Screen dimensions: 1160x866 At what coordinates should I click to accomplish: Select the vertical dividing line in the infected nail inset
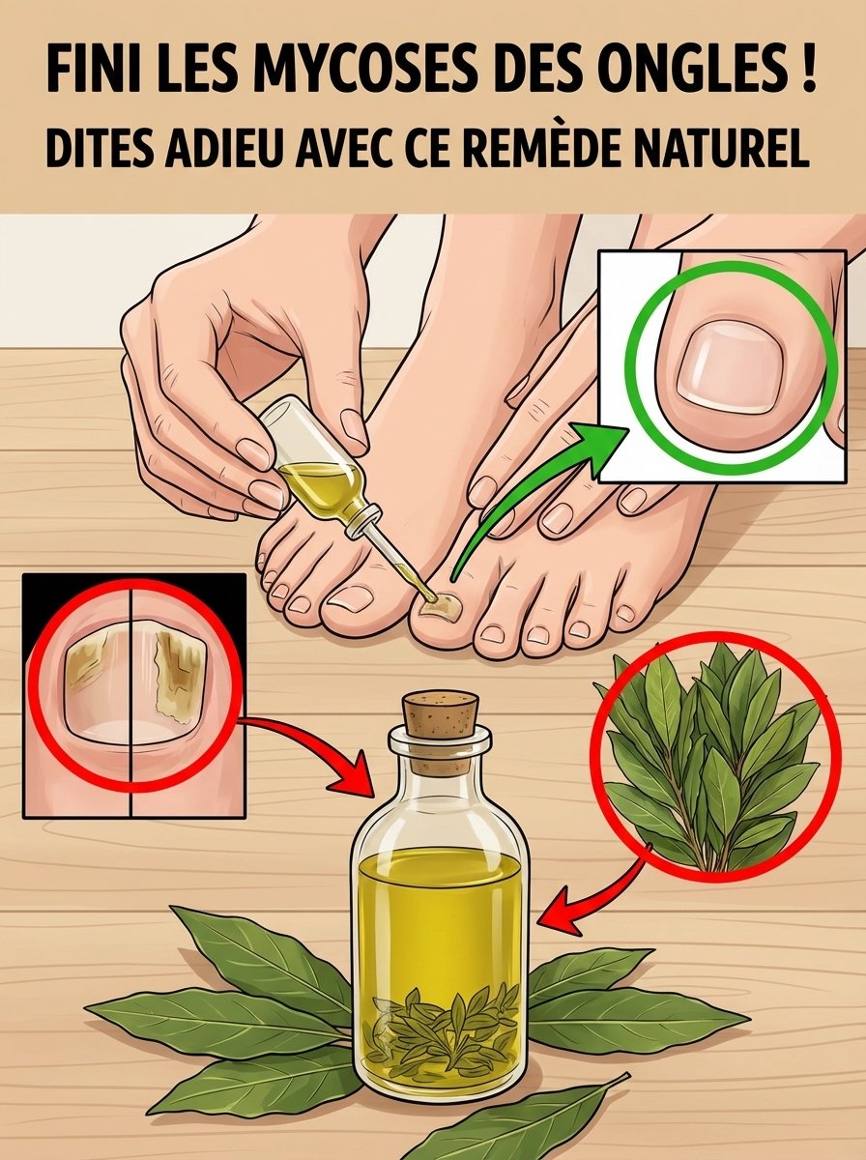[x=130, y=696]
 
